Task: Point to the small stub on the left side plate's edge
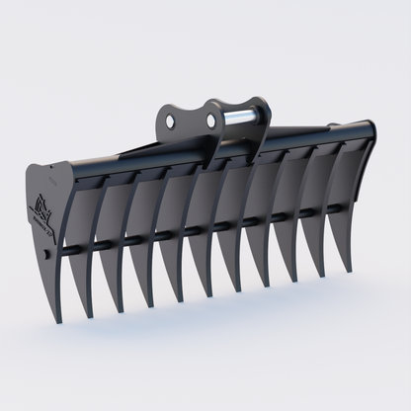(49, 260)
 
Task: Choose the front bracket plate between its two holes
(192, 123)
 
